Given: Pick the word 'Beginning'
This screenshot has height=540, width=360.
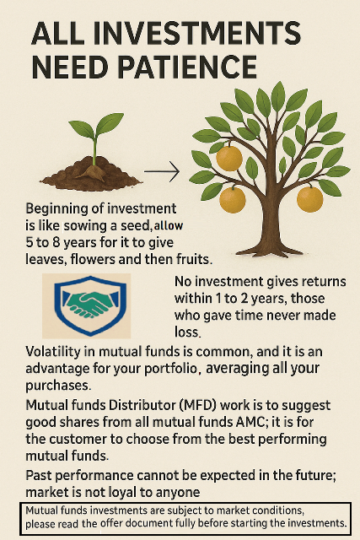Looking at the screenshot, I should point(60,208).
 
